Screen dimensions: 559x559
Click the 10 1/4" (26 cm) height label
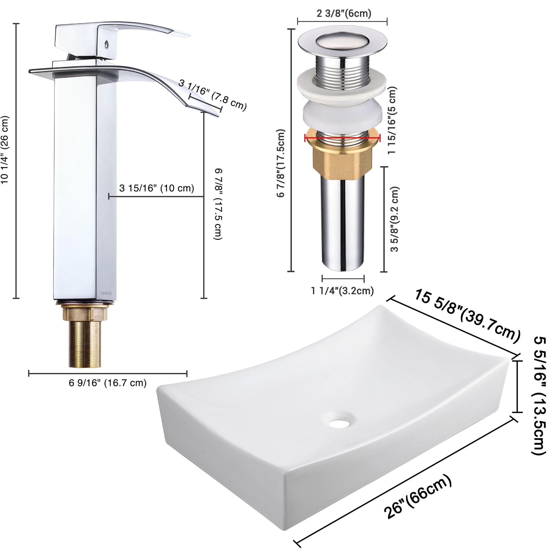point(5,150)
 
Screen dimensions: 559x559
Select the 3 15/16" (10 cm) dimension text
point(157,188)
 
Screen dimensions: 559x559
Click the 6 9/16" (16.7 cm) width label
point(108,383)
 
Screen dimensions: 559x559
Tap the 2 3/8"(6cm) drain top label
point(344,13)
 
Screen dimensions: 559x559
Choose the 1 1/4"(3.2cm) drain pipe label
point(343,290)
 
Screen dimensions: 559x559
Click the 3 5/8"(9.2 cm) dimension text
point(395,219)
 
